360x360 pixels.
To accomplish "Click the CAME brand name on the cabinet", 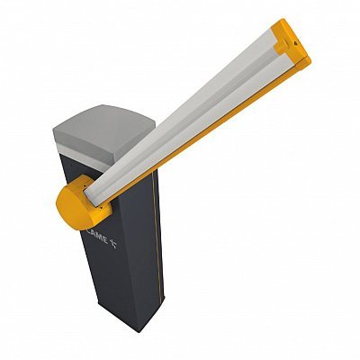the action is tap(97, 236).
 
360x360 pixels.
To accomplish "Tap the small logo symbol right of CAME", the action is tap(113, 245).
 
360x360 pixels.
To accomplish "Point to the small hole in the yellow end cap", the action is tap(296, 43).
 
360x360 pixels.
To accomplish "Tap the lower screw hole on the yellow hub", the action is tap(102, 207).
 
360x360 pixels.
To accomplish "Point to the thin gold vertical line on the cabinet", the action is tap(157, 237).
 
